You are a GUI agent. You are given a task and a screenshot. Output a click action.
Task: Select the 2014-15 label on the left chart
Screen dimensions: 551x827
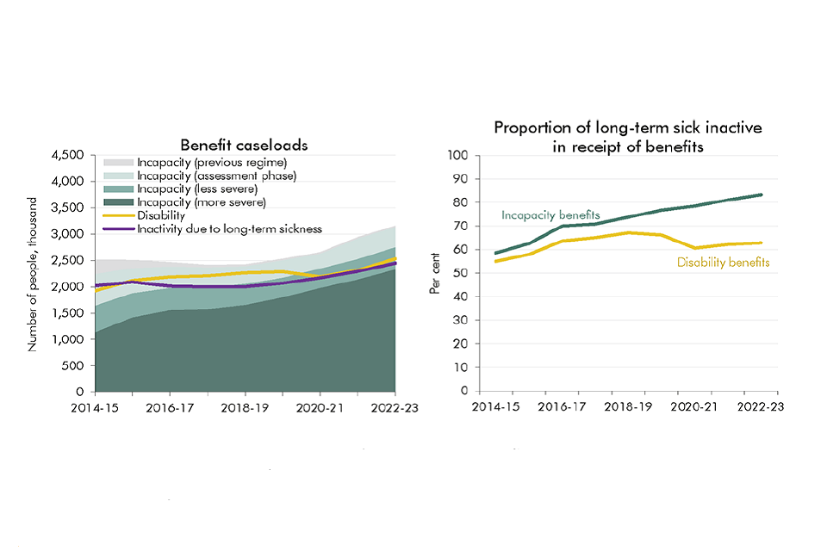(97, 407)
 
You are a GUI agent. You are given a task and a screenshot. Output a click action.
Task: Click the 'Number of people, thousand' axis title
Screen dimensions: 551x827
(34, 274)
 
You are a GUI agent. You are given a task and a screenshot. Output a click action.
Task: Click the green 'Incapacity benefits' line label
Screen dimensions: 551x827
(550, 215)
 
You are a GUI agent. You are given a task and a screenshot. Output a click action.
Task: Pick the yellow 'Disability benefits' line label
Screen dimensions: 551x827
(723, 262)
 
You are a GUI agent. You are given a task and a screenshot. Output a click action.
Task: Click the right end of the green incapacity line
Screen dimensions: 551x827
(760, 195)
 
